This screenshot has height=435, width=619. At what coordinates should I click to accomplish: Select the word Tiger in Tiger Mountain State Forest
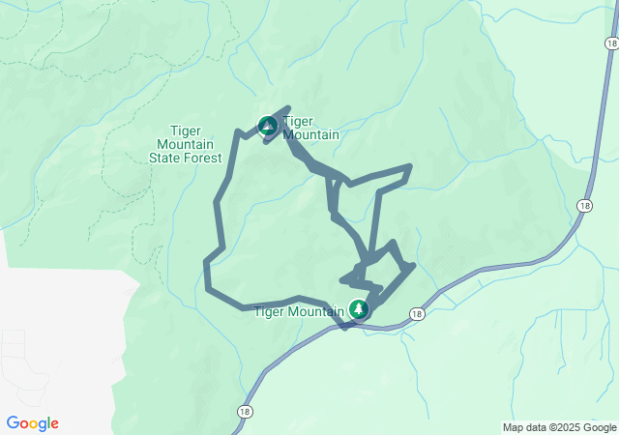coord(185,130)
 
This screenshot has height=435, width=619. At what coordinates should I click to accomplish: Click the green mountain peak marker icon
coord(267,125)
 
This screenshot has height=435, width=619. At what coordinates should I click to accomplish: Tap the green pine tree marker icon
coord(359,309)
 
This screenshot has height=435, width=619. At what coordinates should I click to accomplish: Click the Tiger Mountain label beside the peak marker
coord(310,129)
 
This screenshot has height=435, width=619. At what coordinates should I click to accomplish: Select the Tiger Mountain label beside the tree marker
coord(298,311)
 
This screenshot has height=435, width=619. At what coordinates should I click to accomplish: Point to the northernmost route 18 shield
coord(611,44)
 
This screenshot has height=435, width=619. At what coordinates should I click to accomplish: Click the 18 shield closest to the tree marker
coord(416,314)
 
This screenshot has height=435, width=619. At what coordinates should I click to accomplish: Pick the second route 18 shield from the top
coord(584,205)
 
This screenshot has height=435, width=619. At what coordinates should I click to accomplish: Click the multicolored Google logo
coord(32,423)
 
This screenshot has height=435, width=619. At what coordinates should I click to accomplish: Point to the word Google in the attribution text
coord(599,427)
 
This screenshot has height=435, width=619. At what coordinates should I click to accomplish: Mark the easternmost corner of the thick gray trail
coord(414,265)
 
